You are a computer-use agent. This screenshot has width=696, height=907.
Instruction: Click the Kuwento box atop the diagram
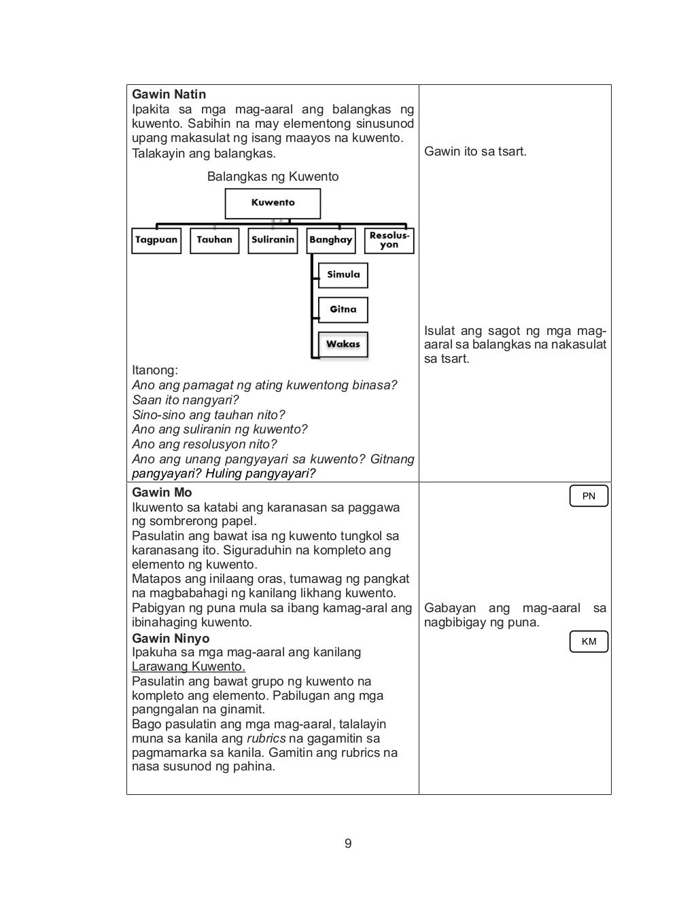pos(273,203)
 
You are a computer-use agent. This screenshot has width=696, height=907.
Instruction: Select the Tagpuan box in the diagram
pos(156,241)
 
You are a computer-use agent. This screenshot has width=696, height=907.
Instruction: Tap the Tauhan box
pos(214,241)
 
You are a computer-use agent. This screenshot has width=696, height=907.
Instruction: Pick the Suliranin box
pos(273,241)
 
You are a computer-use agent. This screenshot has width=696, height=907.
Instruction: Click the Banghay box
pos(330,241)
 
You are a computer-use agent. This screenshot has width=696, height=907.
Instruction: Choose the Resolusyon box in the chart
pos(389,241)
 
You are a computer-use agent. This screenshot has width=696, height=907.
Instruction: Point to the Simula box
pos(343,275)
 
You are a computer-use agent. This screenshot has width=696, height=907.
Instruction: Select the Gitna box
pos(343,310)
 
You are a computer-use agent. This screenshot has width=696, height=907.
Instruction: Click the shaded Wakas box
pos(343,344)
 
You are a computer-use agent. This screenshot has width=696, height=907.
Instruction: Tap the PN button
pos(589,496)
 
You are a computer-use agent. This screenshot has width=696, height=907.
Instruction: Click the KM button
pos(589,641)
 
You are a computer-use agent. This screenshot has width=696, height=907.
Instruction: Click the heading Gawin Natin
pos(169,94)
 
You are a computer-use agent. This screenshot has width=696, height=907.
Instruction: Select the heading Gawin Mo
pos(162,493)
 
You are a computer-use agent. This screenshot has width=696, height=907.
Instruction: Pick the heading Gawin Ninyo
pos(171,638)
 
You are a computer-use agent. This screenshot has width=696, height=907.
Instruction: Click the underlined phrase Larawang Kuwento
pos(188,666)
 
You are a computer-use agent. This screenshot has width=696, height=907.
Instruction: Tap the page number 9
pos(348,844)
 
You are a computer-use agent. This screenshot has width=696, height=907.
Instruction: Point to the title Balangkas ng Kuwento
pos(273,177)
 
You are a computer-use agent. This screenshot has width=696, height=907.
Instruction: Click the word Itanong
pos(154,370)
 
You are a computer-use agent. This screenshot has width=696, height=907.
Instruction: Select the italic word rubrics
pos(266,739)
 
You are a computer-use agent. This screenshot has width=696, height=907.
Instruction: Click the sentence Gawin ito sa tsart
pos(475,152)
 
